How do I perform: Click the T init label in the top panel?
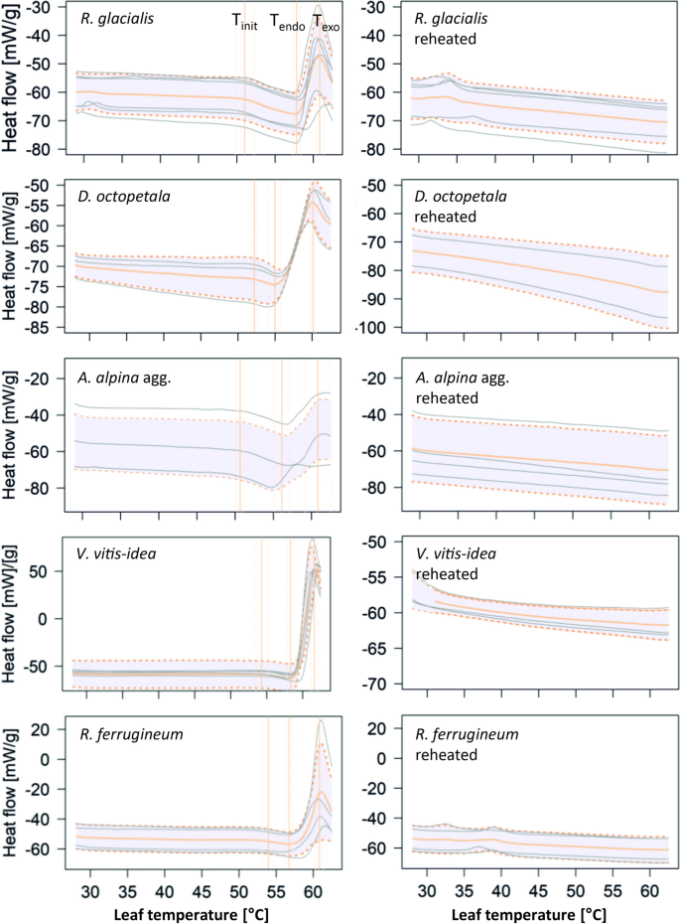point(244,22)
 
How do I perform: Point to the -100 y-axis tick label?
point(382,328)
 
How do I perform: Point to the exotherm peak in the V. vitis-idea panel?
point(313,541)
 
